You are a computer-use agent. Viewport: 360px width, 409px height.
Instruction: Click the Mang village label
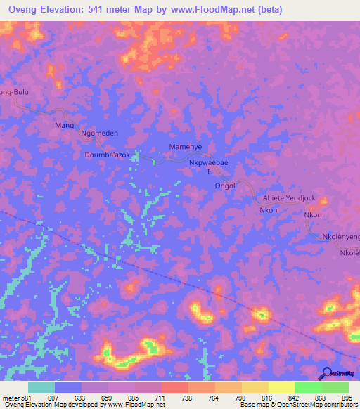click(x=64, y=125)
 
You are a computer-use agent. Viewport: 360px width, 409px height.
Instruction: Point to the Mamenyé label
click(x=186, y=146)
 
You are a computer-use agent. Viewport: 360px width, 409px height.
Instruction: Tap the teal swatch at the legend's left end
click(x=41, y=387)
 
